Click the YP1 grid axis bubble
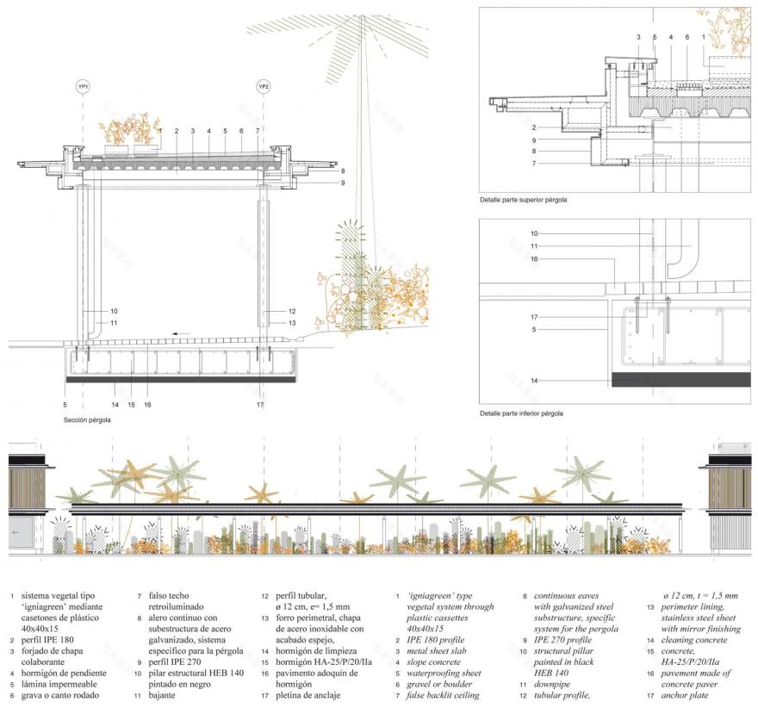tap(83, 87)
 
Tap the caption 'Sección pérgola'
tap(87, 420)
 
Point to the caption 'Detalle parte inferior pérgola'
tap(521, 413)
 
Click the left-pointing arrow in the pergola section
tap(179, 332)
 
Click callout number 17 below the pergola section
tap(260, 404)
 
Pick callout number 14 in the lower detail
tap(533, 380)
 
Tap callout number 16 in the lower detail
tap(533, 258)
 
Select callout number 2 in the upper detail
tap(533, 127)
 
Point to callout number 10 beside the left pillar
tap(114, 311)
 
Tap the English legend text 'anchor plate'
tap(683, 695)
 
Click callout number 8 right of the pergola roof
tap(342, 171)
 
